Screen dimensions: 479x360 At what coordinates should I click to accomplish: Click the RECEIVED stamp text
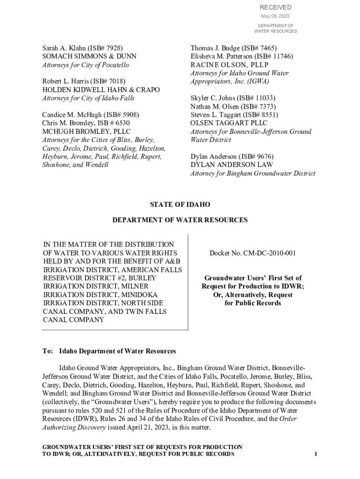click(275, 7)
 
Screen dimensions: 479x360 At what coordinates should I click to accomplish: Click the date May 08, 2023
click(275, 16)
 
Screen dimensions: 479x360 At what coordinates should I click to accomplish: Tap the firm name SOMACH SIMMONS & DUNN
click(83, 57)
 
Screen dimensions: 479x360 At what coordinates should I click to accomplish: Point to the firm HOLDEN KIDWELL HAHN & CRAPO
click(101, 90)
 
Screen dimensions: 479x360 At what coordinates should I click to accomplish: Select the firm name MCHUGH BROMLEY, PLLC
click(87, 132)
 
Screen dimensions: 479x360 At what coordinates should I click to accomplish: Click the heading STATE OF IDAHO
click(180, 205)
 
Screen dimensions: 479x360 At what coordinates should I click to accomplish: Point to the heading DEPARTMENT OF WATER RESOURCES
click(180, 220)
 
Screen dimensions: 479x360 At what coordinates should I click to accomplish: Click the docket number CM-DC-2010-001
click(269, 253)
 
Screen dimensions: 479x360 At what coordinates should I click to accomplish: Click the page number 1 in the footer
click(316, 454)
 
